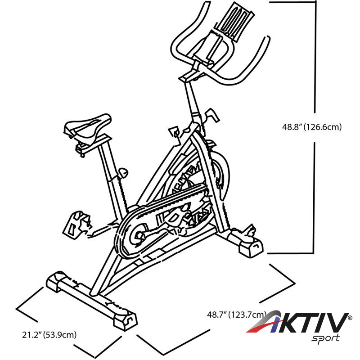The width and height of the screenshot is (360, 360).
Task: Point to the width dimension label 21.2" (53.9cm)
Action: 49,334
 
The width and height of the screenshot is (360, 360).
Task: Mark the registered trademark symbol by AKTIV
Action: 350,318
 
